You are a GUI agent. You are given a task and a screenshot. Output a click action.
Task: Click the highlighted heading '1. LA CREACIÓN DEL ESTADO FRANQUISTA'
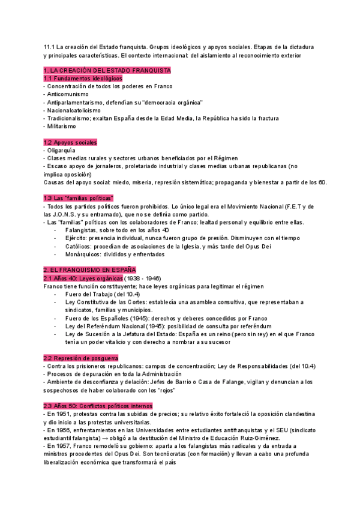pos(107,70)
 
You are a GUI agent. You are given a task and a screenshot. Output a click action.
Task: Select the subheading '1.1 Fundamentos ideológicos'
pos(83,78)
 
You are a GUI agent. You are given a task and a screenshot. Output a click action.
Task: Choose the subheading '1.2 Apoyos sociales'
pos(71,142)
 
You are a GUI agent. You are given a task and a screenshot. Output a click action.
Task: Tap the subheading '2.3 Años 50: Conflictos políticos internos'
pos(98,406)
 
